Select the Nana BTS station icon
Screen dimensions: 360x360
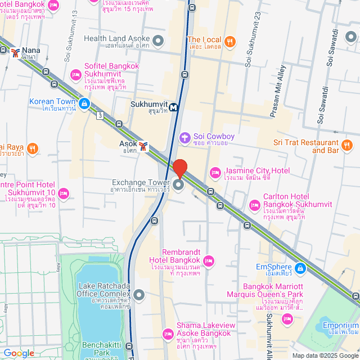tap(15, 52)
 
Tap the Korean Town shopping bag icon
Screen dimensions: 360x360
tap(84, 103)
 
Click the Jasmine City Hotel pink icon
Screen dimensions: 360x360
tap(214, 172)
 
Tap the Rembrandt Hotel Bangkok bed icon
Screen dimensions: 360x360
tap(209, 260)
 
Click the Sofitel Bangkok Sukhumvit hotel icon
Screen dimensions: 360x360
tap(75, 74)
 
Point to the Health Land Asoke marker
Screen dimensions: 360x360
tap(158, 40)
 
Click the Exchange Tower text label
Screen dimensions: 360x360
tap(141, 183)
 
